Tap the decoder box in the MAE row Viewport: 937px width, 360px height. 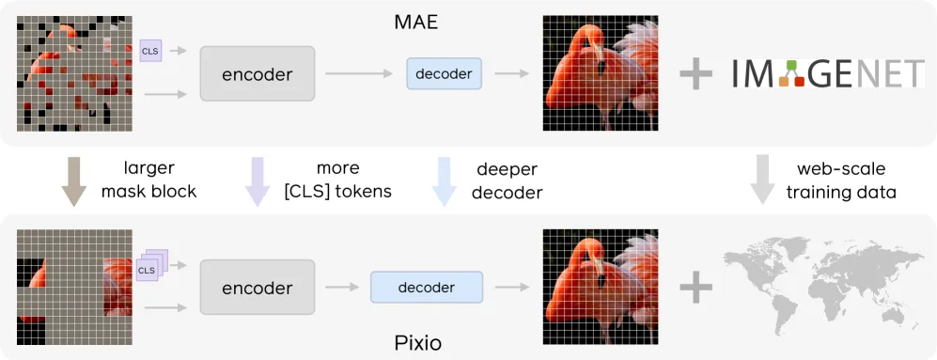(x=444, y=72)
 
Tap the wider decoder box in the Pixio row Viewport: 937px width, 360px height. (x=427, y=288)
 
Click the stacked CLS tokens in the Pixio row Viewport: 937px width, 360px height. (x=148, y=267)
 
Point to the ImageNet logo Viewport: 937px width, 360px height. (x=828, y=74)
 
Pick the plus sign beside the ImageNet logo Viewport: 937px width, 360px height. (x=696, y=74)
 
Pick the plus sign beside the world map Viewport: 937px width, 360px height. (x=696, y=289)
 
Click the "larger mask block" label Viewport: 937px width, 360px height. (x=160, y=180)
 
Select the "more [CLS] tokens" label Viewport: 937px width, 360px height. (x=337, y=180)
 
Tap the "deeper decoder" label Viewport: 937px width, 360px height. (x=509, y=180)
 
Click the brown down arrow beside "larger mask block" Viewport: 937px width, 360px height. (x=73, y=180)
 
